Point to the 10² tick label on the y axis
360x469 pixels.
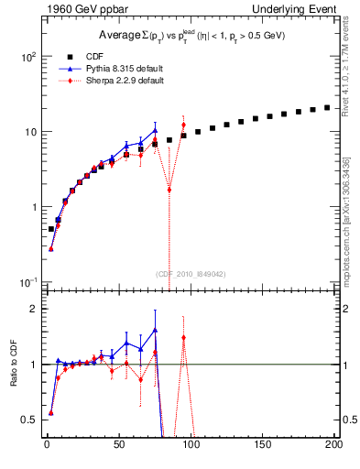pos(27,56)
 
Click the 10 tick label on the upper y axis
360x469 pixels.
pos(29,131)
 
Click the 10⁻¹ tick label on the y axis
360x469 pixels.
pos(27,281)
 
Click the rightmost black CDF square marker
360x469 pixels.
pos(328,107)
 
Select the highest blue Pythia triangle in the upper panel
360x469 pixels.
pos(155,131)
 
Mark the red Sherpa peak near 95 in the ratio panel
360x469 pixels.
pos(183,337)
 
